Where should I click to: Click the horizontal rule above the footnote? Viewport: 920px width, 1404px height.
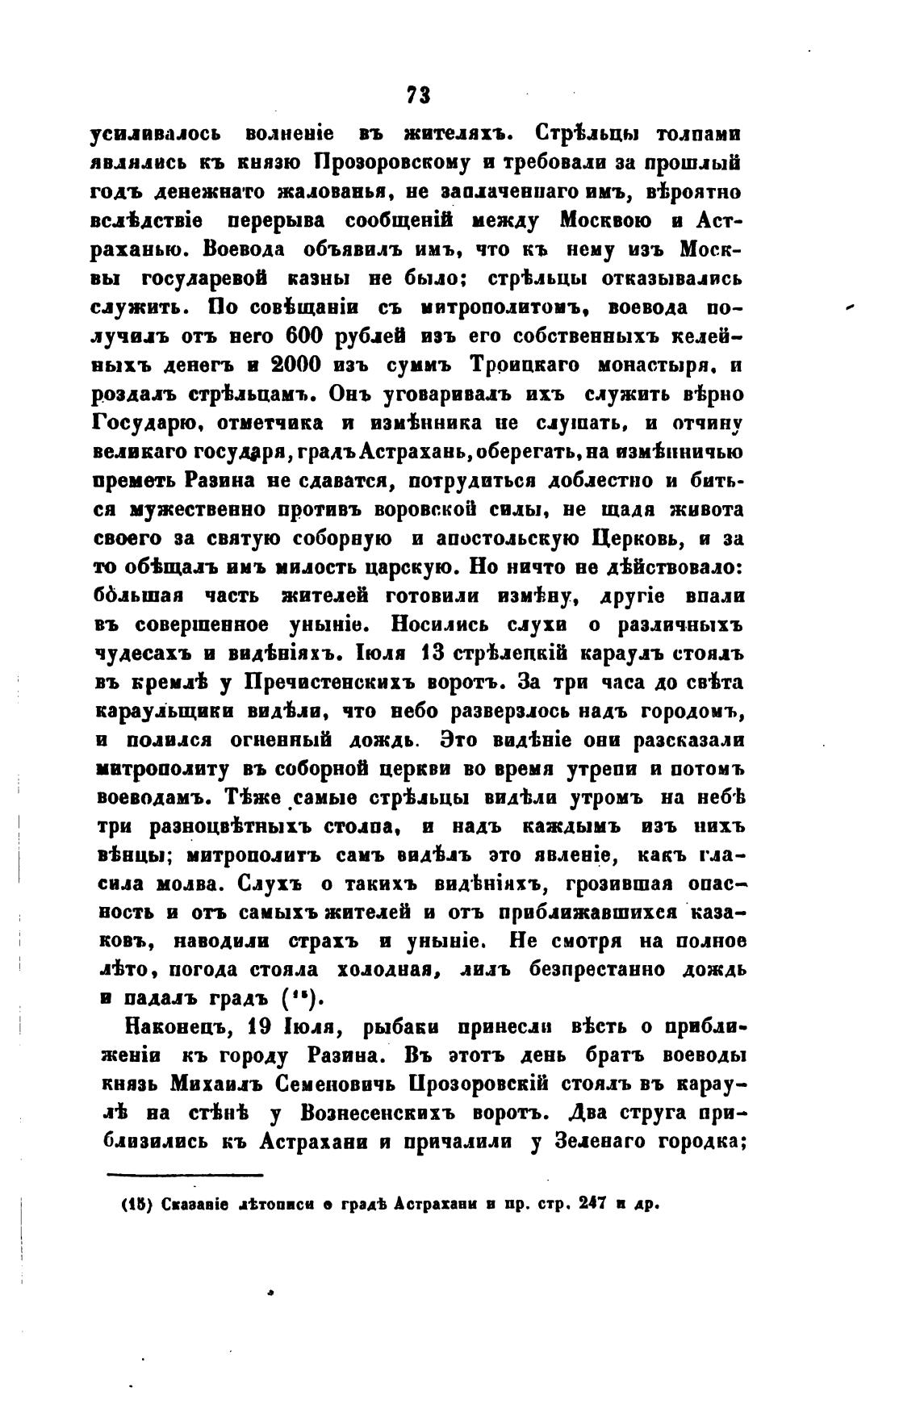(185, 1176)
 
